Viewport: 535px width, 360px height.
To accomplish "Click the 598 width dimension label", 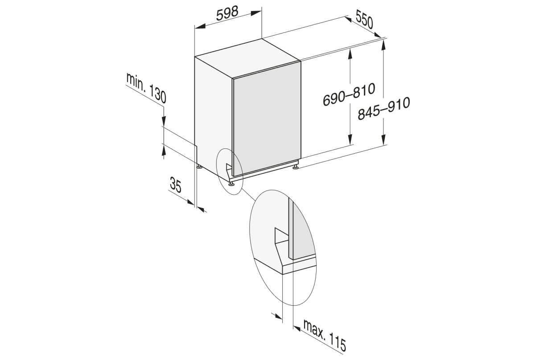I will click(x=227, y=14).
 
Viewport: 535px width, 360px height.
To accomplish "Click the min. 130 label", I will click(x=146, y=88).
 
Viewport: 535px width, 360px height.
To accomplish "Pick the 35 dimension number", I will click(x=177, y=184).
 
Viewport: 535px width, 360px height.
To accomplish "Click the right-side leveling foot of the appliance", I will click(x=296, y=168).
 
